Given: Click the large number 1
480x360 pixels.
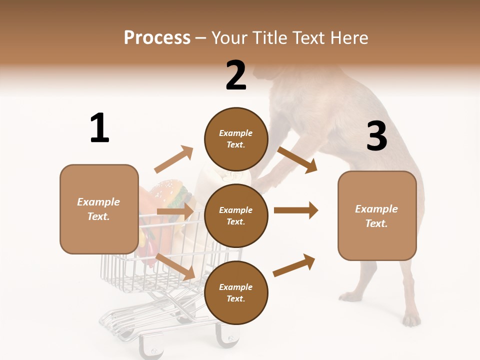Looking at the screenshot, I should click(x=99, y=128).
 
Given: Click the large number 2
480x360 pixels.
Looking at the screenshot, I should click(x=236, y=75).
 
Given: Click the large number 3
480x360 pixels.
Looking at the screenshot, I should click(x=376, y=136).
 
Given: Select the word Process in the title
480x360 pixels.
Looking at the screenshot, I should click(x=157, y=37).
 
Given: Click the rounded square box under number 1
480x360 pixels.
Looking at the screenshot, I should click(x=99, y=209).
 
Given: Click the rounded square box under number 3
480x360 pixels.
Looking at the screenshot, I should click(x=377, y=215).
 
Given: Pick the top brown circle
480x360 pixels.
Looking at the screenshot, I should click(x=236, y=139).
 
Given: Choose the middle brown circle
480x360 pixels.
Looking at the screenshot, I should click(x=236, y=215).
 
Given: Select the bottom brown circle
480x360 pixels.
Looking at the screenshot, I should click(x=236, y=292).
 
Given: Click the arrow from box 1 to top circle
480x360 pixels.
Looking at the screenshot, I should click(x=173, y=159).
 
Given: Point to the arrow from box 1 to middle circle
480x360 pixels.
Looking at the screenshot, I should click(x=175, y=211).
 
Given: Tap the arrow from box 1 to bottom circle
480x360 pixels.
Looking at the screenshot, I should click(x=175, y=266).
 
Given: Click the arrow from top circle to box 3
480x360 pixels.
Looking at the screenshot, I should click(x=297, y=159).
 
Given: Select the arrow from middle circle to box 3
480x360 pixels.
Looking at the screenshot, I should click(x=296, y=210).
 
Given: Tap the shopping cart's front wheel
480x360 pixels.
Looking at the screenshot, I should click(x=228, y=337).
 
